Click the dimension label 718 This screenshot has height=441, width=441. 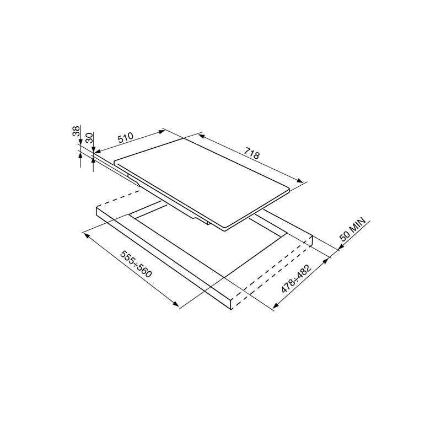pos(252,154)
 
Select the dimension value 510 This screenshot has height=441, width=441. pos(125,138)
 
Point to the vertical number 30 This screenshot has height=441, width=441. pos(89,138)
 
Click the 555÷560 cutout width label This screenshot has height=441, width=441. pos(136,264)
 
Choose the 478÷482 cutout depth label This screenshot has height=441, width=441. pos(297,278)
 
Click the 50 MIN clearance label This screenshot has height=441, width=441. pos(353,229)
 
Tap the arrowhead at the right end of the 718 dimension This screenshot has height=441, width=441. pos(300,180)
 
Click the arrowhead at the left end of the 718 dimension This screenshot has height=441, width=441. pos(202,136)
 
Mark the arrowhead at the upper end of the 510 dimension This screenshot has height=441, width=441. pos(162,131)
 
